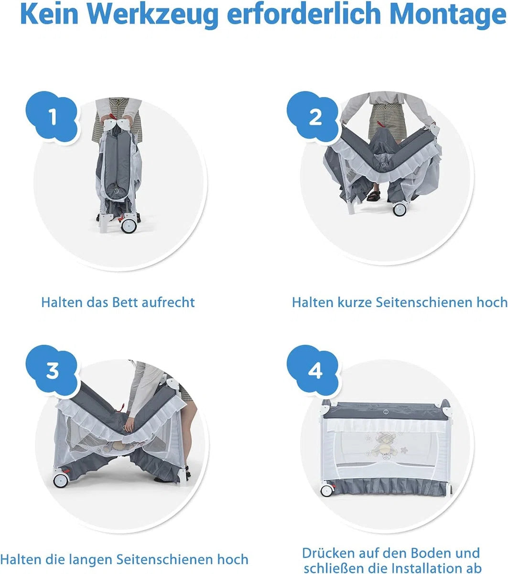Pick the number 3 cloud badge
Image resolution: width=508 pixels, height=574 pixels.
tap(52, 371)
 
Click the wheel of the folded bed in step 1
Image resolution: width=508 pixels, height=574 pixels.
tap(130, 225)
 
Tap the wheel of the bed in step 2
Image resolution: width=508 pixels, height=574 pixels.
tap(400, 209)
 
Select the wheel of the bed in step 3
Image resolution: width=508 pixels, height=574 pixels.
tap(61, 480)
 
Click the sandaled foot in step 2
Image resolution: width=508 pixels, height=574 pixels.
tap(373, 195)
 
